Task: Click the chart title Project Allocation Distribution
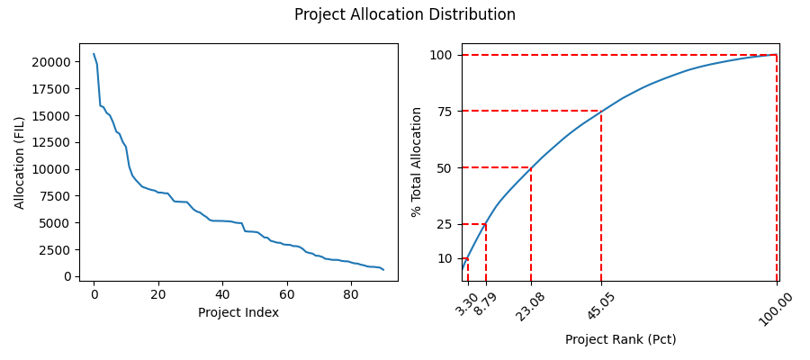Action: point(405,15)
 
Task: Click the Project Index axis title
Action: point(238,312)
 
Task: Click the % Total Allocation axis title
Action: point(417,162)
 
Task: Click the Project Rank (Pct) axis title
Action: point(620,339)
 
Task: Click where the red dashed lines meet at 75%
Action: point(601,112)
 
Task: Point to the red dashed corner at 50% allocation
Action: point(531,167)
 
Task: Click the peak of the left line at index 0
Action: point(94,53)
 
